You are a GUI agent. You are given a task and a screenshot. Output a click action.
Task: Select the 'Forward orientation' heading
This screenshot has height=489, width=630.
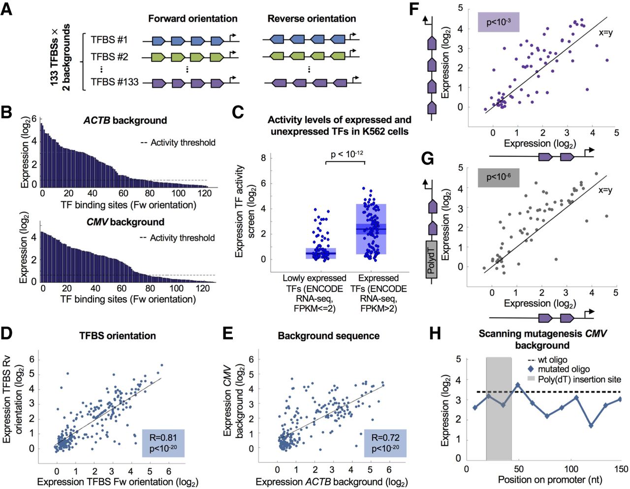(193, 19)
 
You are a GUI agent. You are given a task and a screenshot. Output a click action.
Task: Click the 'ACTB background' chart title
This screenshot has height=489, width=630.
(125, 121)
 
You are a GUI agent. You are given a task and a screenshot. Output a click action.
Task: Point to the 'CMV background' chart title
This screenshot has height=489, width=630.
(125, 222)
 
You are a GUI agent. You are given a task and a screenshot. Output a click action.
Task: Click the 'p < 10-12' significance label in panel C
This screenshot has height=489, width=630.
(347, 154)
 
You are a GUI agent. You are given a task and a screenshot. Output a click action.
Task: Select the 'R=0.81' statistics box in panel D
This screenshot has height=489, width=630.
(163, 443)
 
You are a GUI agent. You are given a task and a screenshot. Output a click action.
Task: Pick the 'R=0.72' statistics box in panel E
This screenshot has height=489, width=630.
(385, 443)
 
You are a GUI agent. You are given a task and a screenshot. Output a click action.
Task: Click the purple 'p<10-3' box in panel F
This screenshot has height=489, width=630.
(499, 22)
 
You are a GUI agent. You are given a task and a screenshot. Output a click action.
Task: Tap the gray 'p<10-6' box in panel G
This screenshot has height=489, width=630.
(499, 177)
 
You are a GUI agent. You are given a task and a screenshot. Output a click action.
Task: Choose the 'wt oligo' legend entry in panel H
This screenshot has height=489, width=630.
(552, 360)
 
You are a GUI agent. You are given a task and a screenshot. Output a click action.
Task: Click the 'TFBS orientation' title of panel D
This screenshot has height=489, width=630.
(118, 336)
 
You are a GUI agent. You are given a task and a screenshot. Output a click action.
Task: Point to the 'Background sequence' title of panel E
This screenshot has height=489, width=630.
(328, 336)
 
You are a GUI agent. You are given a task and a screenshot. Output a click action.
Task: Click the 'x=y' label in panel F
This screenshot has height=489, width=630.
(605, 33)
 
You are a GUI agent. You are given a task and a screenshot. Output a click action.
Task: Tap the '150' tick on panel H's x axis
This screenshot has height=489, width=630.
(621, 469)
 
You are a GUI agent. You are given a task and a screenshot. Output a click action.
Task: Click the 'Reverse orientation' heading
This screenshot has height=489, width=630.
(312, 19)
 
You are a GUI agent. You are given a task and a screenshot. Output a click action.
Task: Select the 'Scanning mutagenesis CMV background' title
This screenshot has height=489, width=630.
(542, 339)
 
